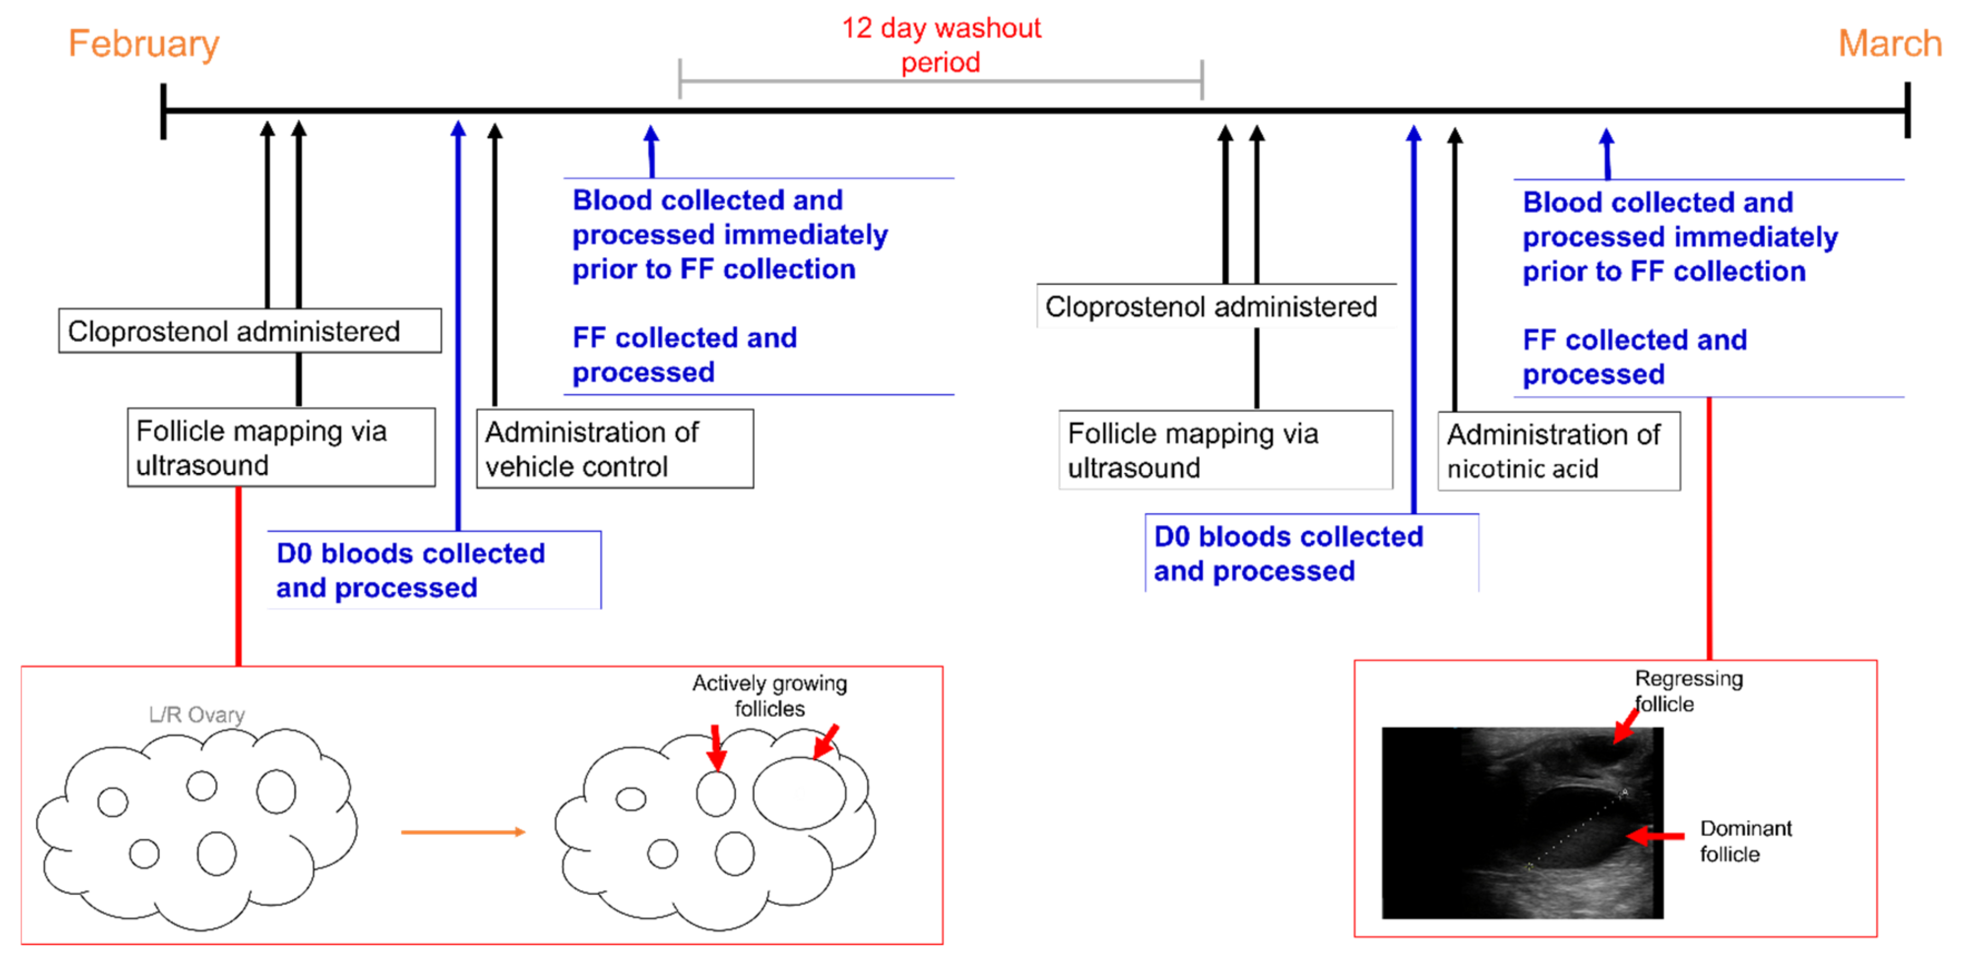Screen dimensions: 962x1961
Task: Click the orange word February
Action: point(143,43)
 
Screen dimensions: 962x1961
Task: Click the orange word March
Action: point(1889,43)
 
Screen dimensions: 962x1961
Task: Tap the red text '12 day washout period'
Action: point(940,45)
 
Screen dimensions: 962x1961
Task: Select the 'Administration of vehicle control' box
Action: point(614,449)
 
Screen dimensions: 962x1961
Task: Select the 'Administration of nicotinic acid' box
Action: point(1558,451)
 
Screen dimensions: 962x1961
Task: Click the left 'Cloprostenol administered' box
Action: point(250,331)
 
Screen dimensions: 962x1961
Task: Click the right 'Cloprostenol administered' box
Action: point(1216,307)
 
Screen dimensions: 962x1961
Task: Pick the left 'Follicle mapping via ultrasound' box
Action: point(281,448)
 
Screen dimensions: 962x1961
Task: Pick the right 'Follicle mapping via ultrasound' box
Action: point(1225,450)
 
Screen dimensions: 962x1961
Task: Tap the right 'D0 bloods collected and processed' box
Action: point(1311,553)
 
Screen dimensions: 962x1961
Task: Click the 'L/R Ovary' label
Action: point(196,714)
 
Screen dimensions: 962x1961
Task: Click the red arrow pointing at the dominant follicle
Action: point(1655,836)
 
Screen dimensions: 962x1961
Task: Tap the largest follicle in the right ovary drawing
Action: point(799,793)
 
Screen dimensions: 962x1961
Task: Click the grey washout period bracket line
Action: point(940,80)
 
